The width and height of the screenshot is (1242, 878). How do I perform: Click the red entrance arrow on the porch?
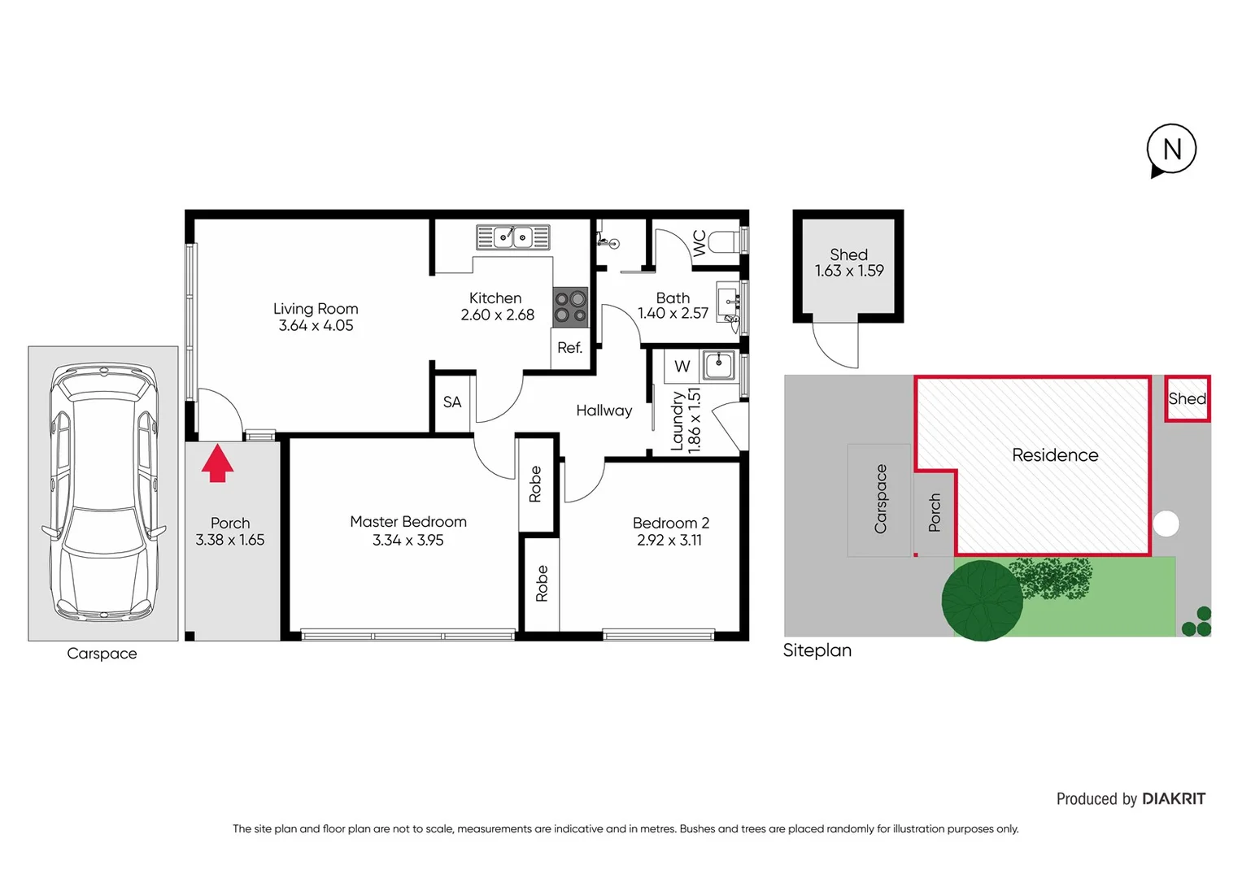[217, 463]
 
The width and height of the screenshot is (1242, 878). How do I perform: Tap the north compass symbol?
[1171, 150]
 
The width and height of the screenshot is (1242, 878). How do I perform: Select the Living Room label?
[316, 309]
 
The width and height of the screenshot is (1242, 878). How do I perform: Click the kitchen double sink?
[512, 237]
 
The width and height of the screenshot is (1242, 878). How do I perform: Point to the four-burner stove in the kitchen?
[570, 307]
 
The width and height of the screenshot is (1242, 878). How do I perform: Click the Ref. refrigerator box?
[569, 348]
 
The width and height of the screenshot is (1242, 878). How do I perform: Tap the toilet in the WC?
[723, 241]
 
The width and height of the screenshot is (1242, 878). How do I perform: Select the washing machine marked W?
[682, 367]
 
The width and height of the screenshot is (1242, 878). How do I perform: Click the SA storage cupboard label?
[452, 402]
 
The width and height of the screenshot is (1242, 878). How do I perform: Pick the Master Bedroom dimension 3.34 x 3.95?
[407, 541]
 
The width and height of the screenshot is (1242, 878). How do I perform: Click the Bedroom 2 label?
[670, 523]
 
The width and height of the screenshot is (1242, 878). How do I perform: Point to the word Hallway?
[604, 411]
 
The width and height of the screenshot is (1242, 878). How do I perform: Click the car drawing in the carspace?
[102, 493]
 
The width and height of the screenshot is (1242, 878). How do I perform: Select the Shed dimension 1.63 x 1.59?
[848, 271]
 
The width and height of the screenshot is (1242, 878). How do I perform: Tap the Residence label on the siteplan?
[1054, 455]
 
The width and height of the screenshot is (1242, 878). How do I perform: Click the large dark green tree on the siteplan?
[982, 601]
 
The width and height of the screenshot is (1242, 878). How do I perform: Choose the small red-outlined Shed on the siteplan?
[1187, 398]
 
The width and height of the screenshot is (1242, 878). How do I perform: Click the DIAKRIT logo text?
[1173, 799]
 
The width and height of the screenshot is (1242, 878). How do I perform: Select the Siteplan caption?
[817, 650]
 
